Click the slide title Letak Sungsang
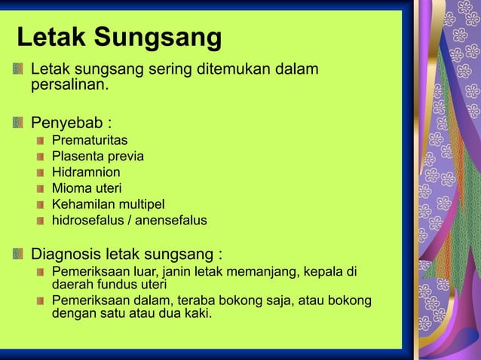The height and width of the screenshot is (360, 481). click(x=119, y=38)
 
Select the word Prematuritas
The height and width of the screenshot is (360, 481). click(x=90, y=140)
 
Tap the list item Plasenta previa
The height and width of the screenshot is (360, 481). click(x=97, y=157)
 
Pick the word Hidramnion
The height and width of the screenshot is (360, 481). click(x=86, y=172)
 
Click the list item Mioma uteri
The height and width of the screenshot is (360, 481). click(x=86, y=188)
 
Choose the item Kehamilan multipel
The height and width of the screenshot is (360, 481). click(x=108, y=204)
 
